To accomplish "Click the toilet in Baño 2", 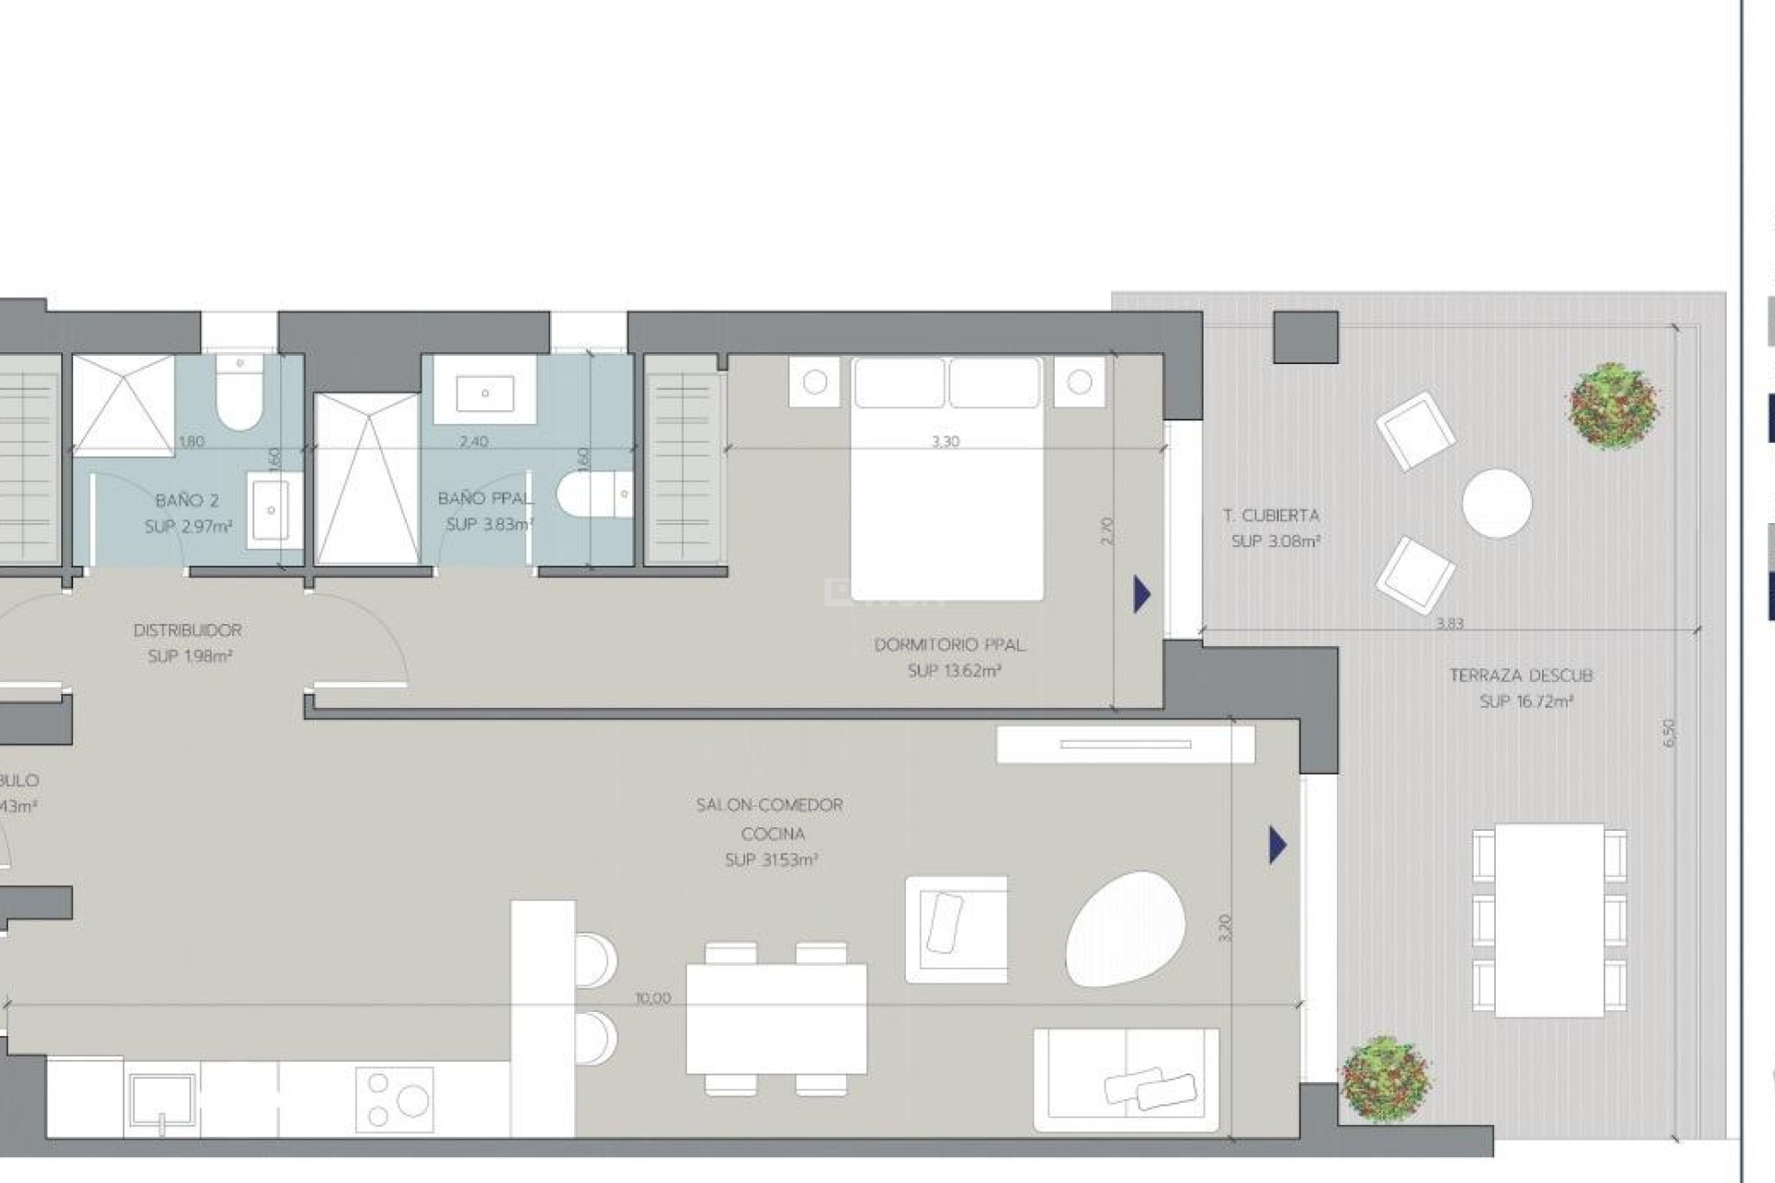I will tap(239, 396).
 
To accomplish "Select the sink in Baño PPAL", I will tap(484, 392).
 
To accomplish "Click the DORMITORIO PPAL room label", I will tap(949, 645).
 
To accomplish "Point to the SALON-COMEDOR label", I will tap(769, 805).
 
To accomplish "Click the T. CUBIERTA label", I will tap(1271, 516).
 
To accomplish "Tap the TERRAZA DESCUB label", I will tap(1521, 676).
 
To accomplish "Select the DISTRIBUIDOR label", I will tap(188, 630).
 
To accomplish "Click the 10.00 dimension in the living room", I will tap(653, 998).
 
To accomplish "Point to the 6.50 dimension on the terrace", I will tap(1669, 733).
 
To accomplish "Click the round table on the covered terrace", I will tap(1497, 503).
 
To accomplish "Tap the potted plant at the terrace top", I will tap(1613, 405).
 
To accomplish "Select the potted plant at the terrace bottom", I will tap(1386, 1079).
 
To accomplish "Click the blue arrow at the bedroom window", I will tap(1142, 594).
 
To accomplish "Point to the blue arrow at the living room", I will tap(1277, 845).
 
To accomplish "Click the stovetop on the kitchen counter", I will tap(395, 1099).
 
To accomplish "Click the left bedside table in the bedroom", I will tap(814, 382).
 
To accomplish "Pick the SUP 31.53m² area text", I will tap(771, 860).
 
